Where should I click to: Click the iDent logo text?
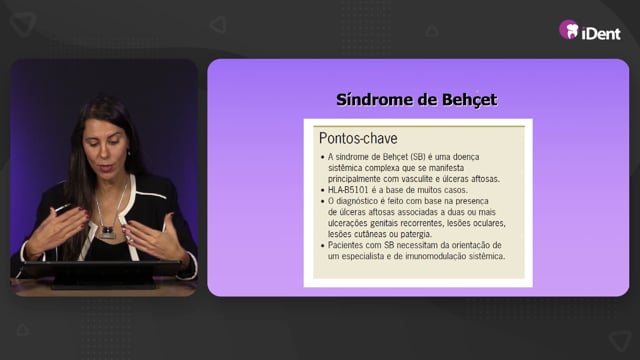[601, 33]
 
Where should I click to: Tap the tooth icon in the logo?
[572, 31]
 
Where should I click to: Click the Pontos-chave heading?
[358, 138]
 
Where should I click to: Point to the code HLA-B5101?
[348, 190]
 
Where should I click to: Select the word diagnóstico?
[358, 201]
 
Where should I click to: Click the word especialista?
[363, 256]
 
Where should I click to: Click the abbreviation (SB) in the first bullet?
[418, 157]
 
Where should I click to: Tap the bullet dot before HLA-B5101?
[323, 190]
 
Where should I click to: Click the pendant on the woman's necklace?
[108, 231]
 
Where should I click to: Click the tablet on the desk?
[101, 274]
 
